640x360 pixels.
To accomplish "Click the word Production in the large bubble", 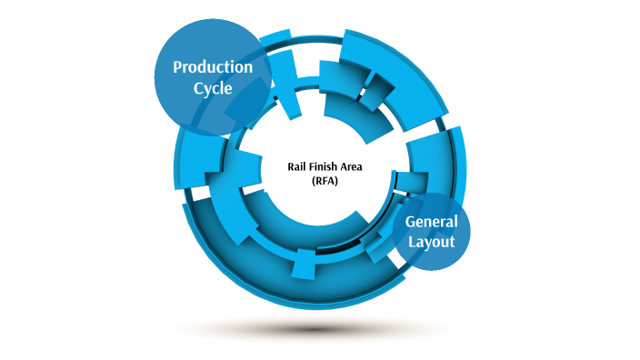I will pos(213,67).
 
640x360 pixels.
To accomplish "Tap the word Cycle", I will pos(213,89).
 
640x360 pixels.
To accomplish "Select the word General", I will pos(431,222).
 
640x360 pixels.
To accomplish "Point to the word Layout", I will pos(430,243).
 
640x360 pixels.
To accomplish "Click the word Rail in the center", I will pos(296,166).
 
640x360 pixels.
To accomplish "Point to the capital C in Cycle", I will pos(195,89).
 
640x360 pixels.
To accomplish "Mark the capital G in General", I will pos(410,222).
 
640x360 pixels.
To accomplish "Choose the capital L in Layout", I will pos(410,243).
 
